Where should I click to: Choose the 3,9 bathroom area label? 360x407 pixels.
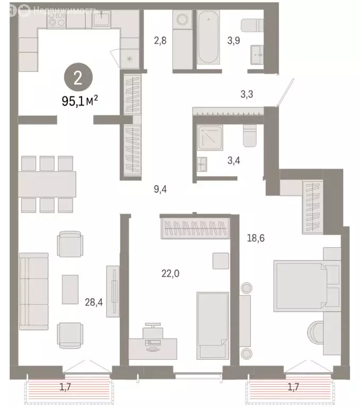(x=234, y=40)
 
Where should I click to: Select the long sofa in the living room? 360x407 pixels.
(x=33, y=290)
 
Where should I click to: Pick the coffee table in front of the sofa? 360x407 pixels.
(x=70, y=289)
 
